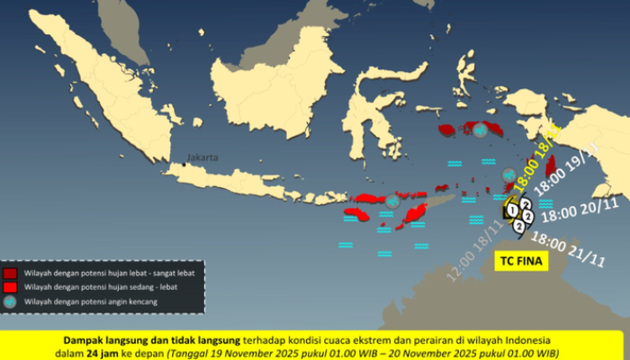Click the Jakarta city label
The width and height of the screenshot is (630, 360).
[x=202, y=157]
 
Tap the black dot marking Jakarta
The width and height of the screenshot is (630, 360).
[x=188, y=163]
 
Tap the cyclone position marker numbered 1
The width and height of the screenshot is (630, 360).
[x=512, y=211]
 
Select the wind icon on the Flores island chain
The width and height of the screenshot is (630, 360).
[x=392, y=202]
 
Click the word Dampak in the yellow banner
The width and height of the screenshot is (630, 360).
[x=85, y=340]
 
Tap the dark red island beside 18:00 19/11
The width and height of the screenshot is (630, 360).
[x=550, y=170]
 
